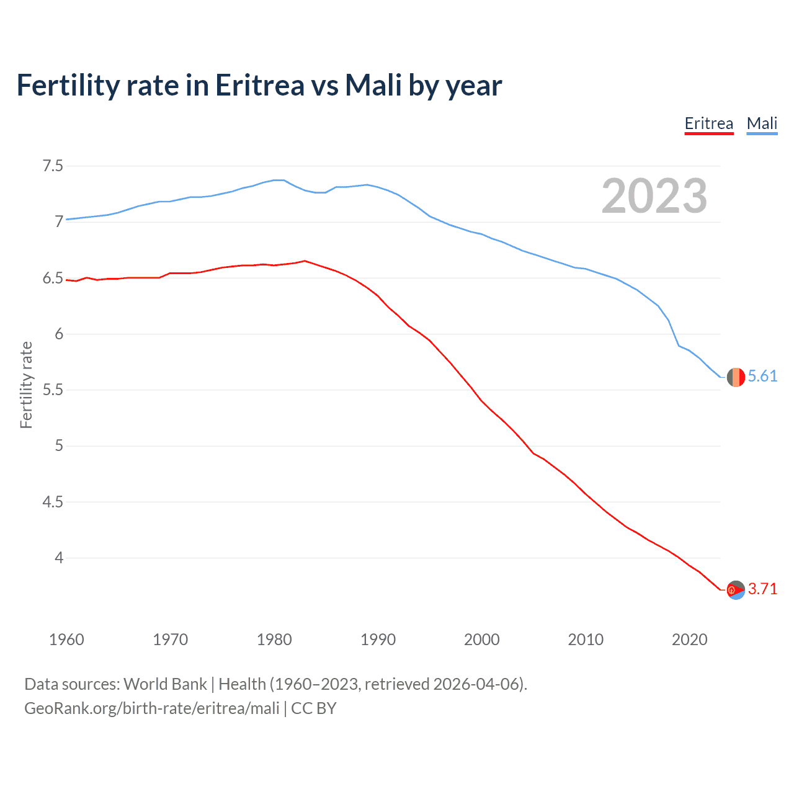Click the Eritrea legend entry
[708, 123]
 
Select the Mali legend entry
[762, 123]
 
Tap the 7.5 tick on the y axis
[53, 166]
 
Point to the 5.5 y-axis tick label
[53, 390]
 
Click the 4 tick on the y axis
[59, 558]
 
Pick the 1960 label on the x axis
[66, 640]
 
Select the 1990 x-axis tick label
[378, 640]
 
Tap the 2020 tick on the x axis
[689, 640]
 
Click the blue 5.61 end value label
[762, 377]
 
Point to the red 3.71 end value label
[762, 589]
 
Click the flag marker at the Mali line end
[736, 377]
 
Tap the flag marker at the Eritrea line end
[736, 590]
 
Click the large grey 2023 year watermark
[654, 196]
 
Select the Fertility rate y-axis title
[26, 385]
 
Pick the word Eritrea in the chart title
[260, 85]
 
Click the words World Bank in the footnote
[165, 684]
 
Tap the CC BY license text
[314, 708]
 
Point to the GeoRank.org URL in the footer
[152, 708]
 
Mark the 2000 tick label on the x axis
[481, 640]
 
